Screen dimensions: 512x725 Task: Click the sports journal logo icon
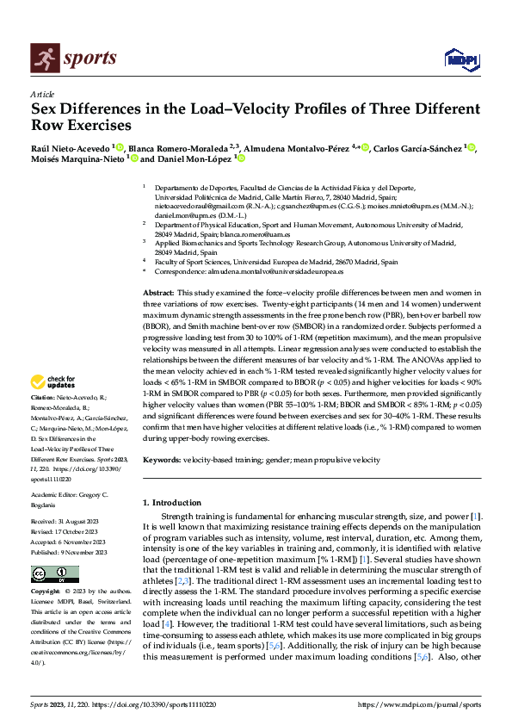[42, 58]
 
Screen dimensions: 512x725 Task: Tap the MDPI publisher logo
[460, 58]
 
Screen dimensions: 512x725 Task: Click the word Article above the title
[42, 94]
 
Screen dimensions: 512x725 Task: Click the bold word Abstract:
[159, 294]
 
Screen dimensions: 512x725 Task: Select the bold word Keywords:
[162, 460]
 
